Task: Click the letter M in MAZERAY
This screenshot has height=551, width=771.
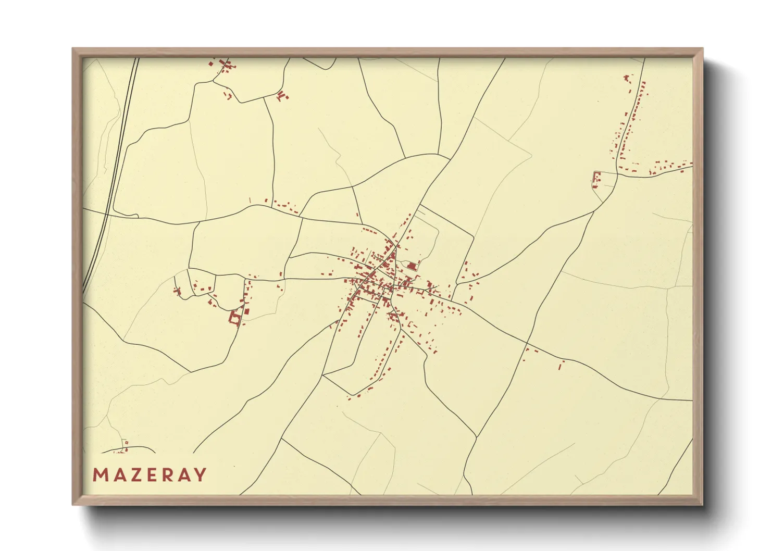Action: click(x=100, y=475)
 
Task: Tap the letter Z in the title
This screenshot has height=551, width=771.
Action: click(x=132, y=475)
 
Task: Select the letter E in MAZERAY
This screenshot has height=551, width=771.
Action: click(x=148, y=475)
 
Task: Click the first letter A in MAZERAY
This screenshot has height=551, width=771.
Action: click(x=116, y=475)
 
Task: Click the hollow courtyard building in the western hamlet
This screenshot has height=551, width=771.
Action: click(x=235, y=318)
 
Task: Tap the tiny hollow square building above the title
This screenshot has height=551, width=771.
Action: click(x=126, y=443)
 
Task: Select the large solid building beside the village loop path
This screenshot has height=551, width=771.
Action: click(x=411, y=267)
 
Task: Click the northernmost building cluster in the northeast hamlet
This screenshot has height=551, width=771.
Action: click(x=627, y=79)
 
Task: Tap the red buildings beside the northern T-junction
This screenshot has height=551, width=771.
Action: click(x=282, y=96)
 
